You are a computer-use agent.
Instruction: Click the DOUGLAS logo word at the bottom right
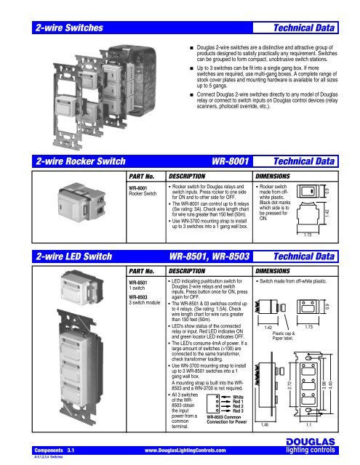[324, 444]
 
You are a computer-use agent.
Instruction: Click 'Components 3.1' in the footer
[45, 451]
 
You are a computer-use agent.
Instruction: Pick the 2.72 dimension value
[289, 397]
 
